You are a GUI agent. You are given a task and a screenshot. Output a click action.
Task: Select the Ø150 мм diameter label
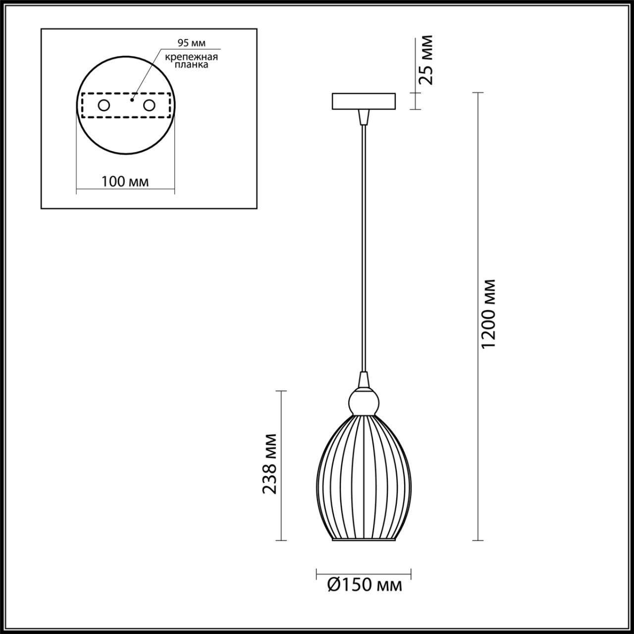364,585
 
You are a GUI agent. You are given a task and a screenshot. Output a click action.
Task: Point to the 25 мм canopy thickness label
424,59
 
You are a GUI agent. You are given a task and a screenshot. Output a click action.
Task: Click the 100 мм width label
125,181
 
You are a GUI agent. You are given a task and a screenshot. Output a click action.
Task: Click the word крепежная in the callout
192,56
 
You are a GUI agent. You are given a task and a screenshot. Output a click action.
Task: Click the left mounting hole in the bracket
104,106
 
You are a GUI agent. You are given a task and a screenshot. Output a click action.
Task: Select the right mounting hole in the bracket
149,106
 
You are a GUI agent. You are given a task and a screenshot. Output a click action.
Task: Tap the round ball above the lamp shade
364,401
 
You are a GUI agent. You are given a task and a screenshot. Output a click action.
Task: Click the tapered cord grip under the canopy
364,117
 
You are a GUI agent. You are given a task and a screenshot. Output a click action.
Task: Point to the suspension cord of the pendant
364,248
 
